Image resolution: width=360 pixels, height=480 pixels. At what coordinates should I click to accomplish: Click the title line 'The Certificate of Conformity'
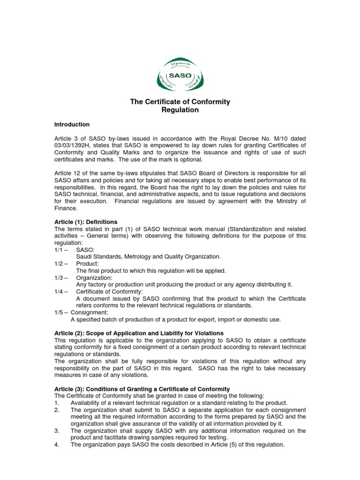[x=180, y=102]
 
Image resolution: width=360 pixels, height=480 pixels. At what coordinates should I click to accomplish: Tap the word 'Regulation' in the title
[x=180, y=110]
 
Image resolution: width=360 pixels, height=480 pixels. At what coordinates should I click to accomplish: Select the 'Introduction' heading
[x=72, y=125]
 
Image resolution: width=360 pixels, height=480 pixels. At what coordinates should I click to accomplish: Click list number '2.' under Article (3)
[x=57, y=410]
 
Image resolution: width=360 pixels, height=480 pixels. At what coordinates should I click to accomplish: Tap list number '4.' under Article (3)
[x=57, y=445]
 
